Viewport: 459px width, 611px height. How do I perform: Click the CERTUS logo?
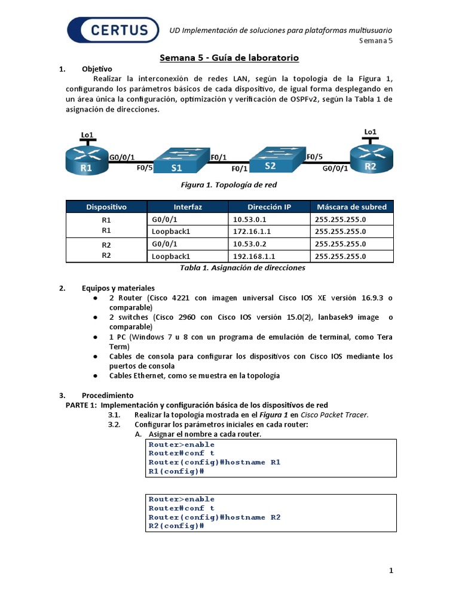114,30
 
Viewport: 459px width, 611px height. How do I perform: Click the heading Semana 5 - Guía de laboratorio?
229,58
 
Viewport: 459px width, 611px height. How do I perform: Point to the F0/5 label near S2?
315,157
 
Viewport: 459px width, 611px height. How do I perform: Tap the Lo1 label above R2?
371,131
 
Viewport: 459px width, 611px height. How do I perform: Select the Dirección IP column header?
269,207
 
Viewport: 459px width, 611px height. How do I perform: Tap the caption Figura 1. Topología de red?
229,185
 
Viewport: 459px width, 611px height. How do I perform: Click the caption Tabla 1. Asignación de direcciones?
243,268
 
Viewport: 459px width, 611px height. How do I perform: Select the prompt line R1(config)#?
176,471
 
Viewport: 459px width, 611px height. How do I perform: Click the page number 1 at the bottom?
391,571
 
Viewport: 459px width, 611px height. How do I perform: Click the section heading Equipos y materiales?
118,288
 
